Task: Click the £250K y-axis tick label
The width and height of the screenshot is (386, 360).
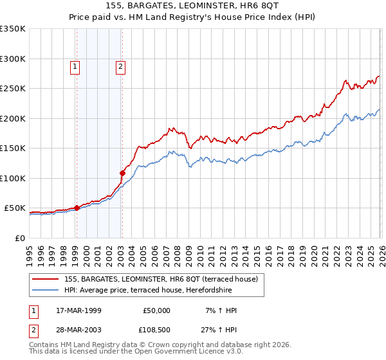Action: [x=13, y=89]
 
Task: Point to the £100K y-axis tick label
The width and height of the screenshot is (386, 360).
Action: [x=13, y=178]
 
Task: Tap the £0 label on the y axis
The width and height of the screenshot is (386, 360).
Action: [x=20, y=238]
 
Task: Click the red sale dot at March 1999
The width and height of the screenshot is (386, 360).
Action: [x=77, y=208]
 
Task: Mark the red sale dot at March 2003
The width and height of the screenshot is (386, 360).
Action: [x=122, y=173]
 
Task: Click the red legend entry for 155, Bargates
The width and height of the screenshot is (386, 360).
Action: [x=161, y=279]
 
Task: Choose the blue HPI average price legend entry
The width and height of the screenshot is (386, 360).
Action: [x=154, y=290]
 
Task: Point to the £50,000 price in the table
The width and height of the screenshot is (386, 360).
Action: [x=156, y=310]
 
